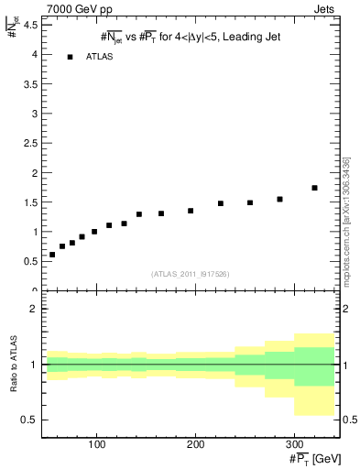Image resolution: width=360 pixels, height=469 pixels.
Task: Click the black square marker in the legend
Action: coord(70,57)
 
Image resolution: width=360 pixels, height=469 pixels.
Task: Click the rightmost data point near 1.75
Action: coord(314,188)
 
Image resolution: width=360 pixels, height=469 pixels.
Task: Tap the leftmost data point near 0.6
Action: coord(52,255)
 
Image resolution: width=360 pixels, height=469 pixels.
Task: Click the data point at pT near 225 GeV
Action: coord(221,203)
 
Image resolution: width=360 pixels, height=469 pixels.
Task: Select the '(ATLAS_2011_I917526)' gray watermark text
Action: coord(190,273)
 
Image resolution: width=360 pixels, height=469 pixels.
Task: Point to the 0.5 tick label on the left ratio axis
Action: coord(30,420)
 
